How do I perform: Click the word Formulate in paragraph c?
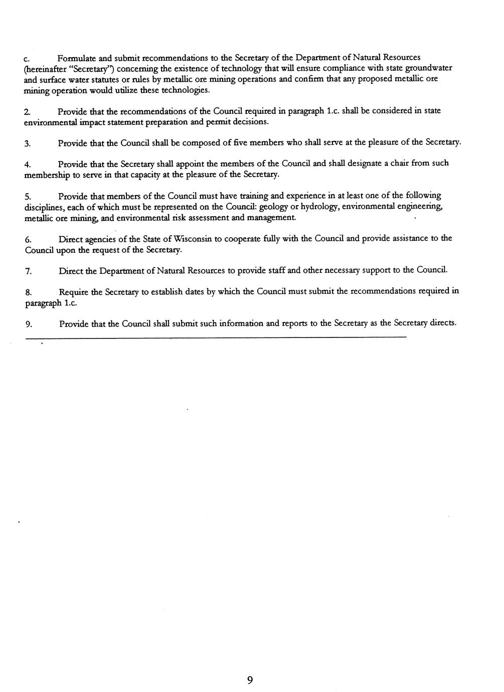tap(74, 58)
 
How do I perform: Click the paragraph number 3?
tap(28, 143)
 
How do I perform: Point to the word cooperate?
tap(235, 239)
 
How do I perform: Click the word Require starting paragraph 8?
tap(74, 292)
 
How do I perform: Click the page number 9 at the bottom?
tap(250, 680)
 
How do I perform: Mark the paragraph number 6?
tap(28, 239)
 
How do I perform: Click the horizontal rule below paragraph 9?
tap(216, 337)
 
